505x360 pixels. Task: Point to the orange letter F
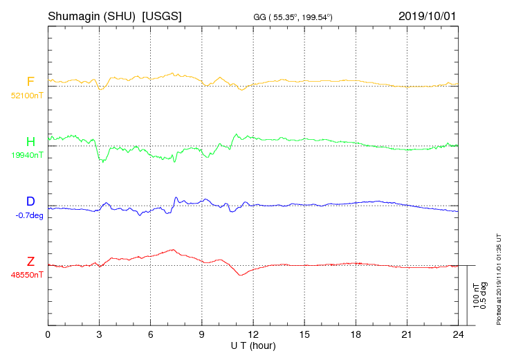(30, 82)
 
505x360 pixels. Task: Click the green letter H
(30, 142)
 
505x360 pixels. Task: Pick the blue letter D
(30, 201)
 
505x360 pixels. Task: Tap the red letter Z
(30, 262)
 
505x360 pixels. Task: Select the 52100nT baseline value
(26, 96)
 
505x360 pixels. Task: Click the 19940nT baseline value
(26, 155)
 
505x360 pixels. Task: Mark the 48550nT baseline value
(26, 275)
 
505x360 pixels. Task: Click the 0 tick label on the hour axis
(48, 335)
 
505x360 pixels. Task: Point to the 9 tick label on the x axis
(202, 335)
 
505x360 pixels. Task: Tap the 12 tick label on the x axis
(253, 335)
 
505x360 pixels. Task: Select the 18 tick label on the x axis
(356, 335)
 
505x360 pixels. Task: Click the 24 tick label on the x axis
(458, 335)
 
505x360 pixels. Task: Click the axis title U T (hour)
(253, 345)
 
